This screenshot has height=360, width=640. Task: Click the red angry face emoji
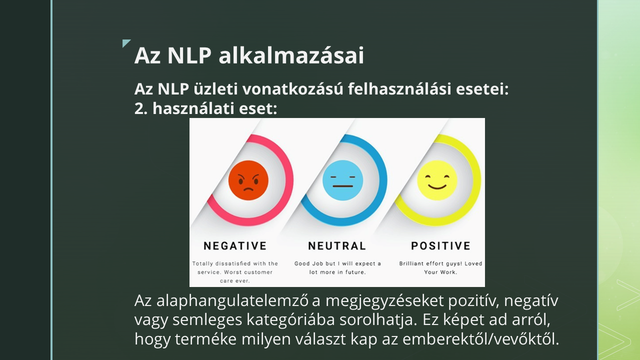click(248, 180)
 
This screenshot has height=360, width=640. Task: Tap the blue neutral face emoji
click(343, 180)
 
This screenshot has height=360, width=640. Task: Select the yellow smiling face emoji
click(437, 180)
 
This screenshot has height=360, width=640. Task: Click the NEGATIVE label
click(235, 246)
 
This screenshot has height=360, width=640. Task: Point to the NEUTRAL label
click(337, 246)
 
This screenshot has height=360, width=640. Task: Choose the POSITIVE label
click(441, 246)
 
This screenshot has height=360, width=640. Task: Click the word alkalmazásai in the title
click(291, 55)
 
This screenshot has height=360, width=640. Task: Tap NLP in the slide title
click(189, 55)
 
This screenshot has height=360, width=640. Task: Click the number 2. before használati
click(141, 108)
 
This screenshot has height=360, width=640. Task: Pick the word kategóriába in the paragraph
click(291, 320)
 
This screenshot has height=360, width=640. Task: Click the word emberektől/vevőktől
click(481, 339)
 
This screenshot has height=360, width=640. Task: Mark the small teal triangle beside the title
click(125, 42)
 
